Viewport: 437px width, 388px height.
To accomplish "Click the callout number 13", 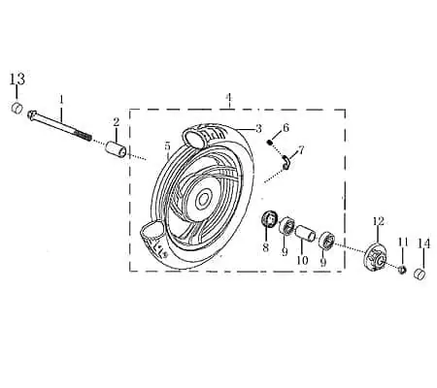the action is click(17, 79).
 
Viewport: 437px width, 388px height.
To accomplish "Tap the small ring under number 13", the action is click(17, 108).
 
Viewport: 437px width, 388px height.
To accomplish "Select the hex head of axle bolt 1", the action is click(32, 114).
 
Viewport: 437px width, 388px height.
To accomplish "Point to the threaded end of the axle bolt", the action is click(84, 136).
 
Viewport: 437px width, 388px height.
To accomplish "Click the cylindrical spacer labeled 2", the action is click(116, 148).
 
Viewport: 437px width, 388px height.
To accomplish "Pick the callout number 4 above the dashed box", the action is click(229, 97).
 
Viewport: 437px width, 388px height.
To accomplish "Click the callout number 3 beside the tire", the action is click(258, 129).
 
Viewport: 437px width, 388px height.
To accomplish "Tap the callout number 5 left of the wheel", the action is click(167, 146).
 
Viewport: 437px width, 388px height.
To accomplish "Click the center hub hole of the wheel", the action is click(203, 201).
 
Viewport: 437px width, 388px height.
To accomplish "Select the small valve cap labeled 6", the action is click(271, 142).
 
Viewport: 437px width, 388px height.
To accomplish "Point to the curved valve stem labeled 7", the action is click(286, 162).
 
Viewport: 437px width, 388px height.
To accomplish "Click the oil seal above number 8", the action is click(269, 218).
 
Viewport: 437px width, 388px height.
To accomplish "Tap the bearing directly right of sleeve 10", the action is click(326, 241).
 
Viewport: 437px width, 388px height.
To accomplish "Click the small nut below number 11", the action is click(402, 269).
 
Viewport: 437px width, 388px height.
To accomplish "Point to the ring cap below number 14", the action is click(420, 274).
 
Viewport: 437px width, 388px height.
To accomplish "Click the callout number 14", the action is click(423, 243).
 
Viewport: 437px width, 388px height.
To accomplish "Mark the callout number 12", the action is click(378, 221).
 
